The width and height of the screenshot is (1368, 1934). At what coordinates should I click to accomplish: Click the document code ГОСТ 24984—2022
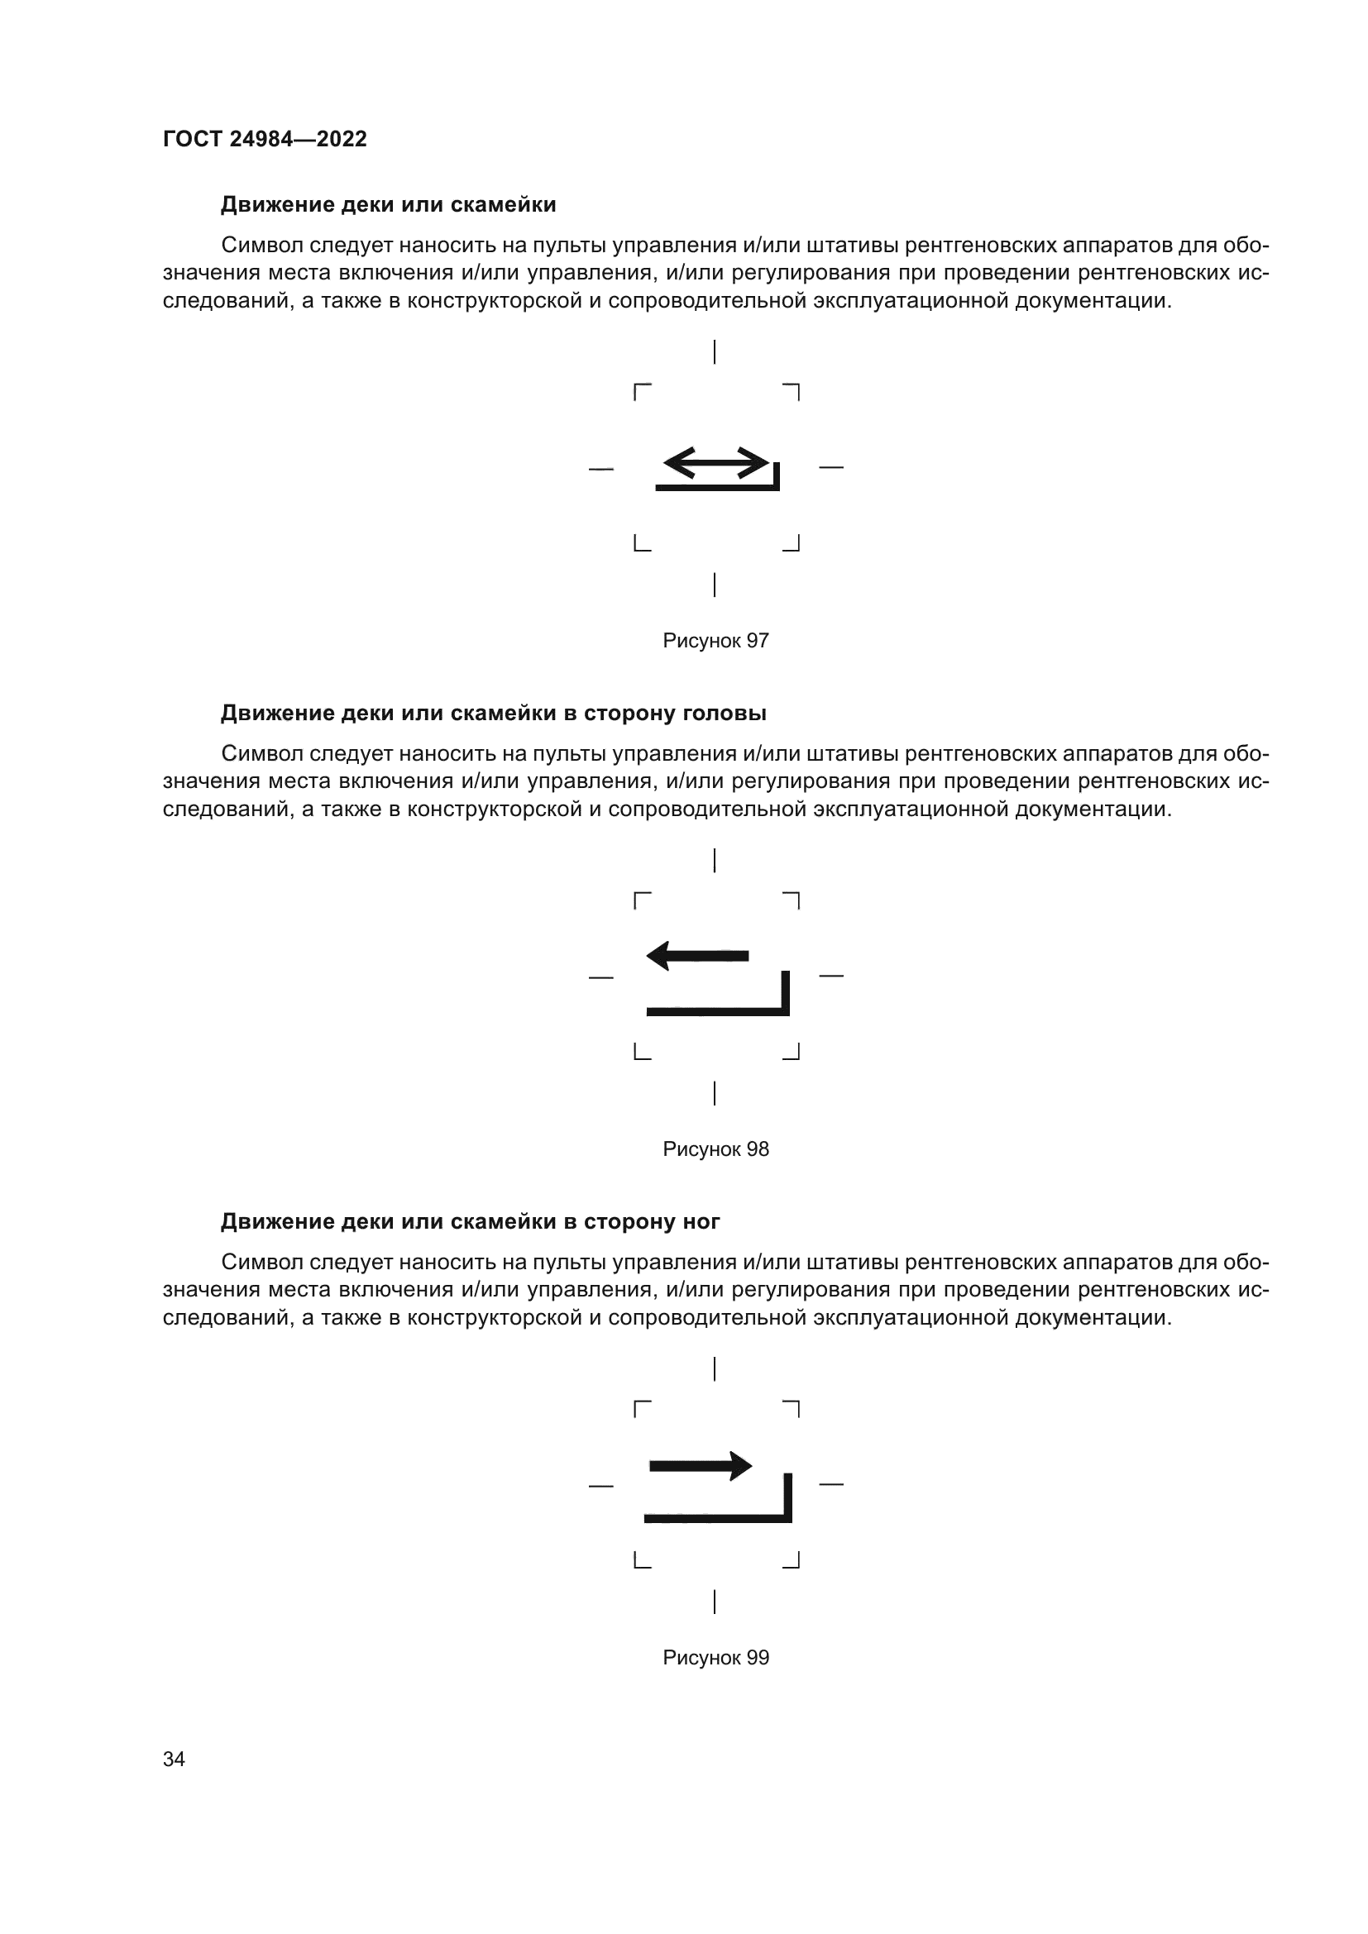tap(265, 139)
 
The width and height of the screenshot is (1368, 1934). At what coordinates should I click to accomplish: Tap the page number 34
tap(174, 1759)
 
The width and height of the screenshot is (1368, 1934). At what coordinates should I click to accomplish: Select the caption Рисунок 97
tap(715, 641)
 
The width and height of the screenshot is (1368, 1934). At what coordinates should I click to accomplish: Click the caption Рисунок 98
tap(715, 1150)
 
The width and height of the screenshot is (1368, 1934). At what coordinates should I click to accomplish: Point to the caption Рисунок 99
tap(715, 1658)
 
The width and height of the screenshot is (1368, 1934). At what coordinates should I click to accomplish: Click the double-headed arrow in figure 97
tap(716, 462)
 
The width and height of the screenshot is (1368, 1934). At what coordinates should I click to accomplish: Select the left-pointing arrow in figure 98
tap(697, 955)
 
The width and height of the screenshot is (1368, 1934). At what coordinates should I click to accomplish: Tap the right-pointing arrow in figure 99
tap(701, 1466)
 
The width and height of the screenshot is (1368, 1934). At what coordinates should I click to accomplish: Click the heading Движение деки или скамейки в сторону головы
tap(493, 714)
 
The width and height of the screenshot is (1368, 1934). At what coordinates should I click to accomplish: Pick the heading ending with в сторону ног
tap(470, 1221)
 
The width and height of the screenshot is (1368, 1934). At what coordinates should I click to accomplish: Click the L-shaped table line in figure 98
tap(718, 1010)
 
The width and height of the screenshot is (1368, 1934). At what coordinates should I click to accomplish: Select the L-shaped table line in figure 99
tap(718, 1518)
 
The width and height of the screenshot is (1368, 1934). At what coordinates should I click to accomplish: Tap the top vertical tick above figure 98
tap(715, 860)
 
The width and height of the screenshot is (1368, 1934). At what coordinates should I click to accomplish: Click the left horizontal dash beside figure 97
tap(600, 468)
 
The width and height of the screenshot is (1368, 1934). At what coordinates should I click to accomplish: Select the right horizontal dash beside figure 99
tap(830, 1483)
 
